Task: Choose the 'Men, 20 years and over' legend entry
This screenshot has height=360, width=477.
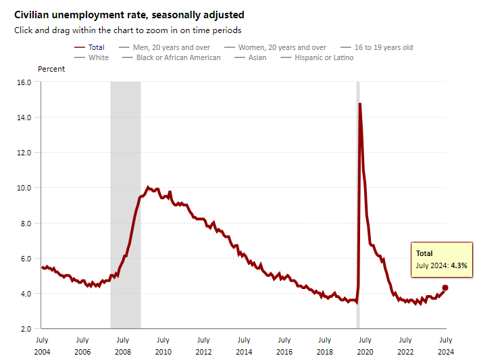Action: [171, 47]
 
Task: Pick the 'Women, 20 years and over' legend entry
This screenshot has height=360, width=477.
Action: [282, 47]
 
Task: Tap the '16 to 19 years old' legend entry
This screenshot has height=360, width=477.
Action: [383, 47]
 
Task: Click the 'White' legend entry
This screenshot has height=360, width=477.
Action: [98, 57]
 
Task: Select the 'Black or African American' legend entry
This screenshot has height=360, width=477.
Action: [178, 57]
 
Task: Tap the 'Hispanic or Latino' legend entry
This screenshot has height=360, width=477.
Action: [324, 57]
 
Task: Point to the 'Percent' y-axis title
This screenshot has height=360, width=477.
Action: [51, 69]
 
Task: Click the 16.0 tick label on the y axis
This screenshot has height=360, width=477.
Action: [24, 82]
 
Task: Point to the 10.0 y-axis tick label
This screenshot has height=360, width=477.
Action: [24, 188]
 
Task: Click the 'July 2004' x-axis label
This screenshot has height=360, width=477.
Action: [42, 345]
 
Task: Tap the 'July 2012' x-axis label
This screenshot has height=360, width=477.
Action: [203, 345]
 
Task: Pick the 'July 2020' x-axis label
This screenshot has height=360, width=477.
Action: [365, 345]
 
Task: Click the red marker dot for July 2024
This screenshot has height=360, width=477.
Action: [445, 288]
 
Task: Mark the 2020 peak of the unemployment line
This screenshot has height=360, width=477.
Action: [360, 104]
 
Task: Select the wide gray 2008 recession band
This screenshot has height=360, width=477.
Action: [126, 203]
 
